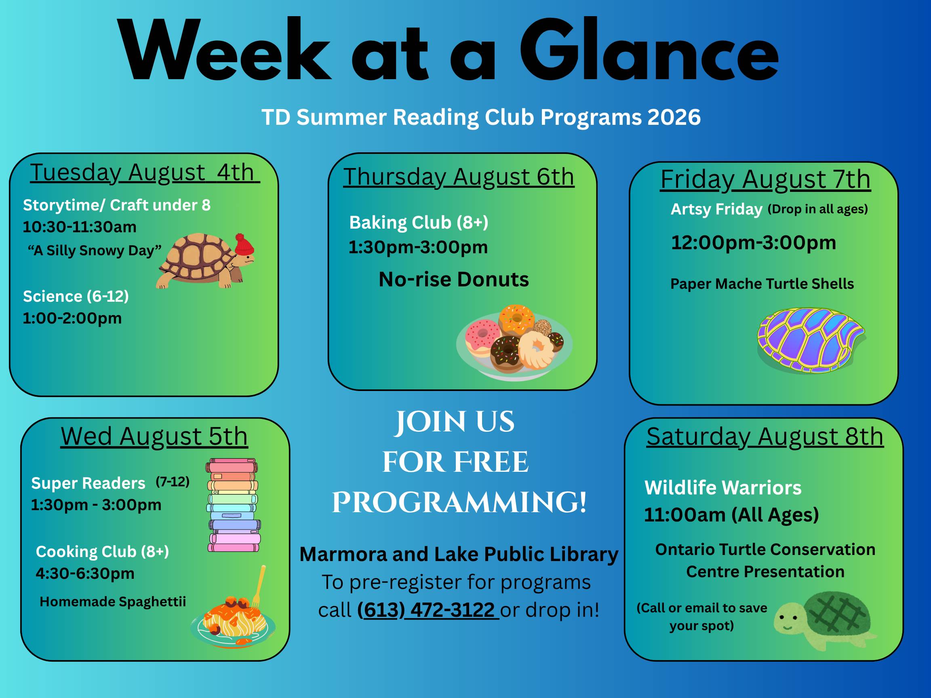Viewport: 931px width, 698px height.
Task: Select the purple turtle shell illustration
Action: tap(811, 341)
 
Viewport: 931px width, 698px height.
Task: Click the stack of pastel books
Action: tap(233, 505)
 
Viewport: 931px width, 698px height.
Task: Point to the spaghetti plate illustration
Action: tap(233, 612)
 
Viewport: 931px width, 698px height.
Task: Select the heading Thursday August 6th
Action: tap(459, 177)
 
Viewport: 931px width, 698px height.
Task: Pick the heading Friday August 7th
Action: tap(765, 180)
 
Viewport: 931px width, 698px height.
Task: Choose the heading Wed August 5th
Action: tap(154, 436)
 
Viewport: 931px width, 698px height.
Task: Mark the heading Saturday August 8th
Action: tap(765, 436)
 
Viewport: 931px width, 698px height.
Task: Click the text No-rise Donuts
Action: tap(454, 280)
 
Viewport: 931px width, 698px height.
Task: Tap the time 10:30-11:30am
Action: tap(80, 227)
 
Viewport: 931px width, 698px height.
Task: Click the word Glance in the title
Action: tap(649, 50)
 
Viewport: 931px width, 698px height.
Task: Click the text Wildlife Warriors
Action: tap(723, 488)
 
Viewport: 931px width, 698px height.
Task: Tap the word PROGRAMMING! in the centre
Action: tap(459, 502)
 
